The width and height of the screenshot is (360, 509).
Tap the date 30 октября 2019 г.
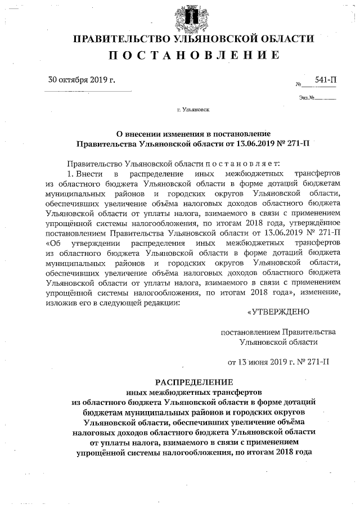click(82, 80)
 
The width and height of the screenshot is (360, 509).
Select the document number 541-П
click(326, 81)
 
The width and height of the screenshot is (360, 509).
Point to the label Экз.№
click(306, 98)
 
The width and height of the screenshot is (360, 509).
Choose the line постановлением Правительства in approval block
click(278, 331)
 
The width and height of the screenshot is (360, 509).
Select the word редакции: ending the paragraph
click(160, 303)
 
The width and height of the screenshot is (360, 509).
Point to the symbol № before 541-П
click(299, 84)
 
